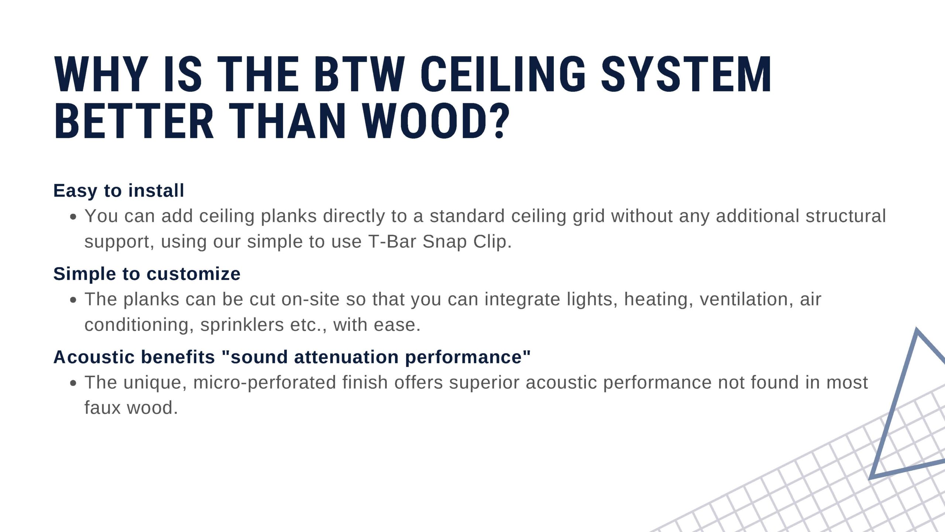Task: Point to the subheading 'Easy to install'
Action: coord(118,191)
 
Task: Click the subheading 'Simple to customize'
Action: coord(147,274)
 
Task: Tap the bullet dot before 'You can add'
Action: coord(73,217)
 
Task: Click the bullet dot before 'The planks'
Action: coord(73,300)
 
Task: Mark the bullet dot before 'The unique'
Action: coord(73,383)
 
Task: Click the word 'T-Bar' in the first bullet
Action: coord(392,242)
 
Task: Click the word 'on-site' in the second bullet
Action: coord(310,299)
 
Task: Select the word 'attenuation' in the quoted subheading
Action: coord(346,357)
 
